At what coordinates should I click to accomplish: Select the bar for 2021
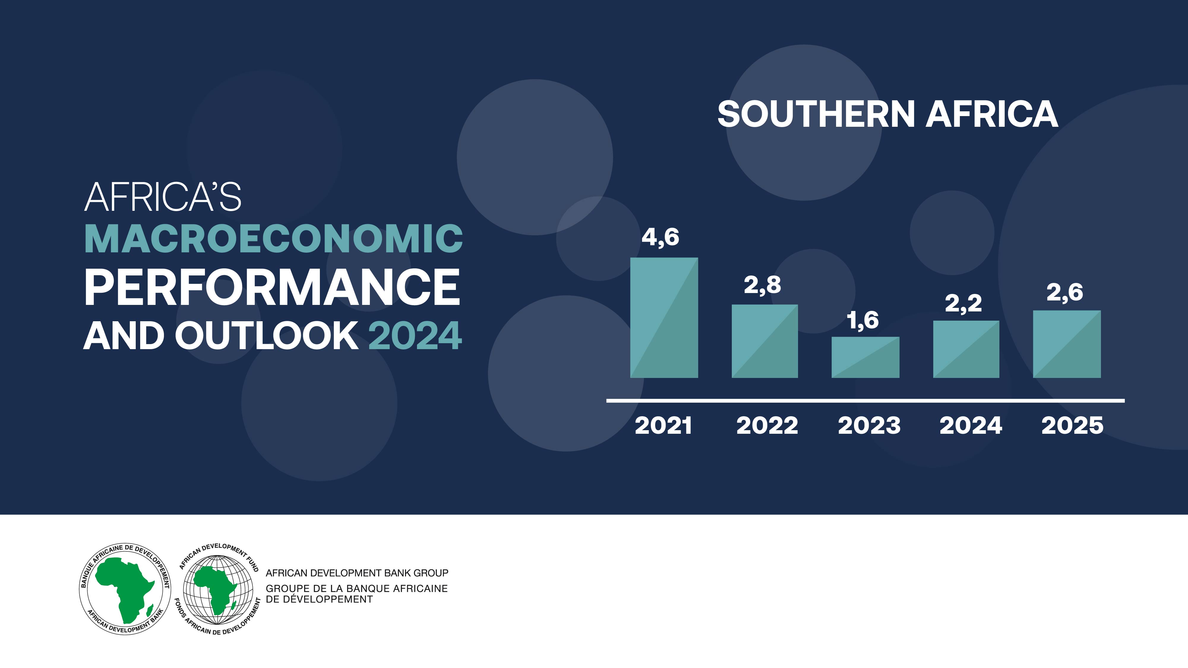(x=664, y=318)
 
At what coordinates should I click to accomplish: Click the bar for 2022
(x=765, y=341)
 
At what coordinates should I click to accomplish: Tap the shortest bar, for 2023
(x=865, y=357)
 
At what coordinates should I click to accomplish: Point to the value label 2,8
(x=762, y=285)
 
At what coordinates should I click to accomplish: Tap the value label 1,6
(x=863, y=320)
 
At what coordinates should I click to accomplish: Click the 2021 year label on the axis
(x=663, y=425)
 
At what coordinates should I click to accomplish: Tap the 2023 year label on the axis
(x=869, y=425)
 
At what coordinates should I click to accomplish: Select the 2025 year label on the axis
(x=1072, y=425)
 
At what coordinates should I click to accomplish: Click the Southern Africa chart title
(x=887, y=114)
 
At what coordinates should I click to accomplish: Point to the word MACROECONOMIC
(x=274, y=239)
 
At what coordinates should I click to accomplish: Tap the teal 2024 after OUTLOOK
(x=415, y=335)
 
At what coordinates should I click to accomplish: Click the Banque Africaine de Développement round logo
(x=125, y=589)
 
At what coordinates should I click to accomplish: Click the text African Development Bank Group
(x=357, y=573)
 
